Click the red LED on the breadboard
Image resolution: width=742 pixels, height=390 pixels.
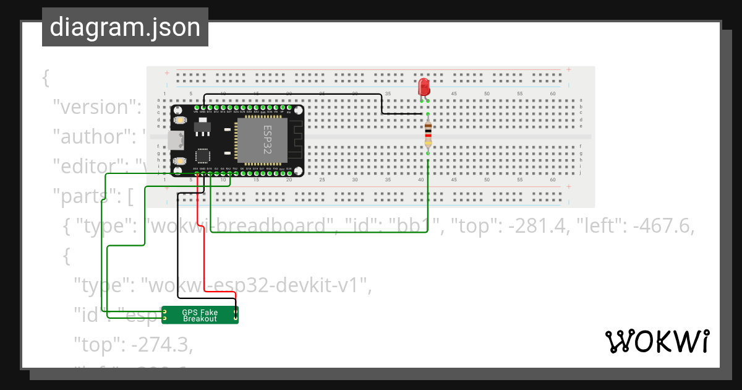(x=424, y=87)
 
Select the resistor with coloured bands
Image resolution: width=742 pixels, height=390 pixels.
(x=428, y=135)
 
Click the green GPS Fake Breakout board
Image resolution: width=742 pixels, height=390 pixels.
(x=200, y=315)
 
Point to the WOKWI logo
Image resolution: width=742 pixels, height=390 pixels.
(x=656, y=342)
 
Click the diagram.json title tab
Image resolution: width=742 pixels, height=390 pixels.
(x=125, y=27)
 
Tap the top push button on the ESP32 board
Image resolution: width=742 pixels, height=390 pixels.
(x=181, y=119)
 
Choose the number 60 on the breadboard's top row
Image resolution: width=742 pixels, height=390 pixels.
(x=553, y=93)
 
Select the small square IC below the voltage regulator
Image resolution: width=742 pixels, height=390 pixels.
(x=202, y=155)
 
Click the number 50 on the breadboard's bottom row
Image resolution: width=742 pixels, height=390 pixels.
(x=487, y=180)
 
